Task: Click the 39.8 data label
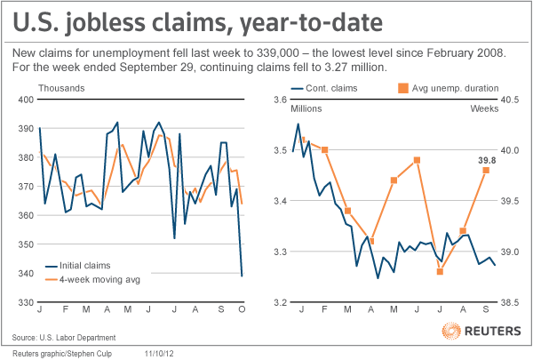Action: (487, 160)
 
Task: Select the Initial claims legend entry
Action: (78, 266)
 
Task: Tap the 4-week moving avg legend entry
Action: (92, 280)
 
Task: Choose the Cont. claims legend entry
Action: (324, 89)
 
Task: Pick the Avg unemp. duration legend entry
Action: (448, 89)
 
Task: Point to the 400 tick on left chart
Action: (26, 100)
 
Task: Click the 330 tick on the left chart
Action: (26, 302)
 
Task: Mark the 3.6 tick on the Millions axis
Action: (281, 100)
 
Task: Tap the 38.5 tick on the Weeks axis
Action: (510, 302)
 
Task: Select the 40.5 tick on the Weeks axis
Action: (510, 100)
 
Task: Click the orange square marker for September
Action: (486, 170)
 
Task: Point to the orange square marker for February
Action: (324, 149)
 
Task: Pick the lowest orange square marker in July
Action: (440, 271)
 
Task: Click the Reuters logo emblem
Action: (451, 331)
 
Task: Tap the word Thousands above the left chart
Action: (61, 88)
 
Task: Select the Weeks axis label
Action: (484, 108)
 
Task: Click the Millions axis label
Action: (306, 108)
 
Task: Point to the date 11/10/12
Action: (159, 354)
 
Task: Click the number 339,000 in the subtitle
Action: (278, 53)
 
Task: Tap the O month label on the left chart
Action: (242, 309)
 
